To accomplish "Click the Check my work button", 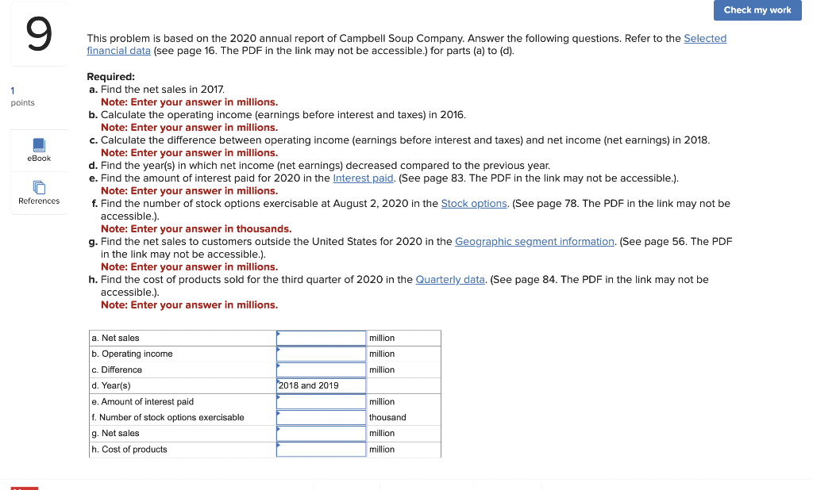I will (757, 10).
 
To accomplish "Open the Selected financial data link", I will (705, 38).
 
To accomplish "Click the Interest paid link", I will (363, 178).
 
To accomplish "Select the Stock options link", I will (474, 203).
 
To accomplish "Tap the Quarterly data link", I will (450, 279).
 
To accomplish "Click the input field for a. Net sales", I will (321, 339).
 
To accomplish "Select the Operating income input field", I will (321, 354).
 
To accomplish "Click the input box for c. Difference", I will (321, 370).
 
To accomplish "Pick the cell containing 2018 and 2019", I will (321, 386).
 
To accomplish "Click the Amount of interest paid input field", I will (321, 402).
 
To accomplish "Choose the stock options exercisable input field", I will (321, 418).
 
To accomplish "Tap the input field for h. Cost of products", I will (321, 450).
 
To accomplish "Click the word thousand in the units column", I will (387, 418).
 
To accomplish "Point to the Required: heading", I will (110, 77).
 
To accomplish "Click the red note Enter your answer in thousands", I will (196, 228).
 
